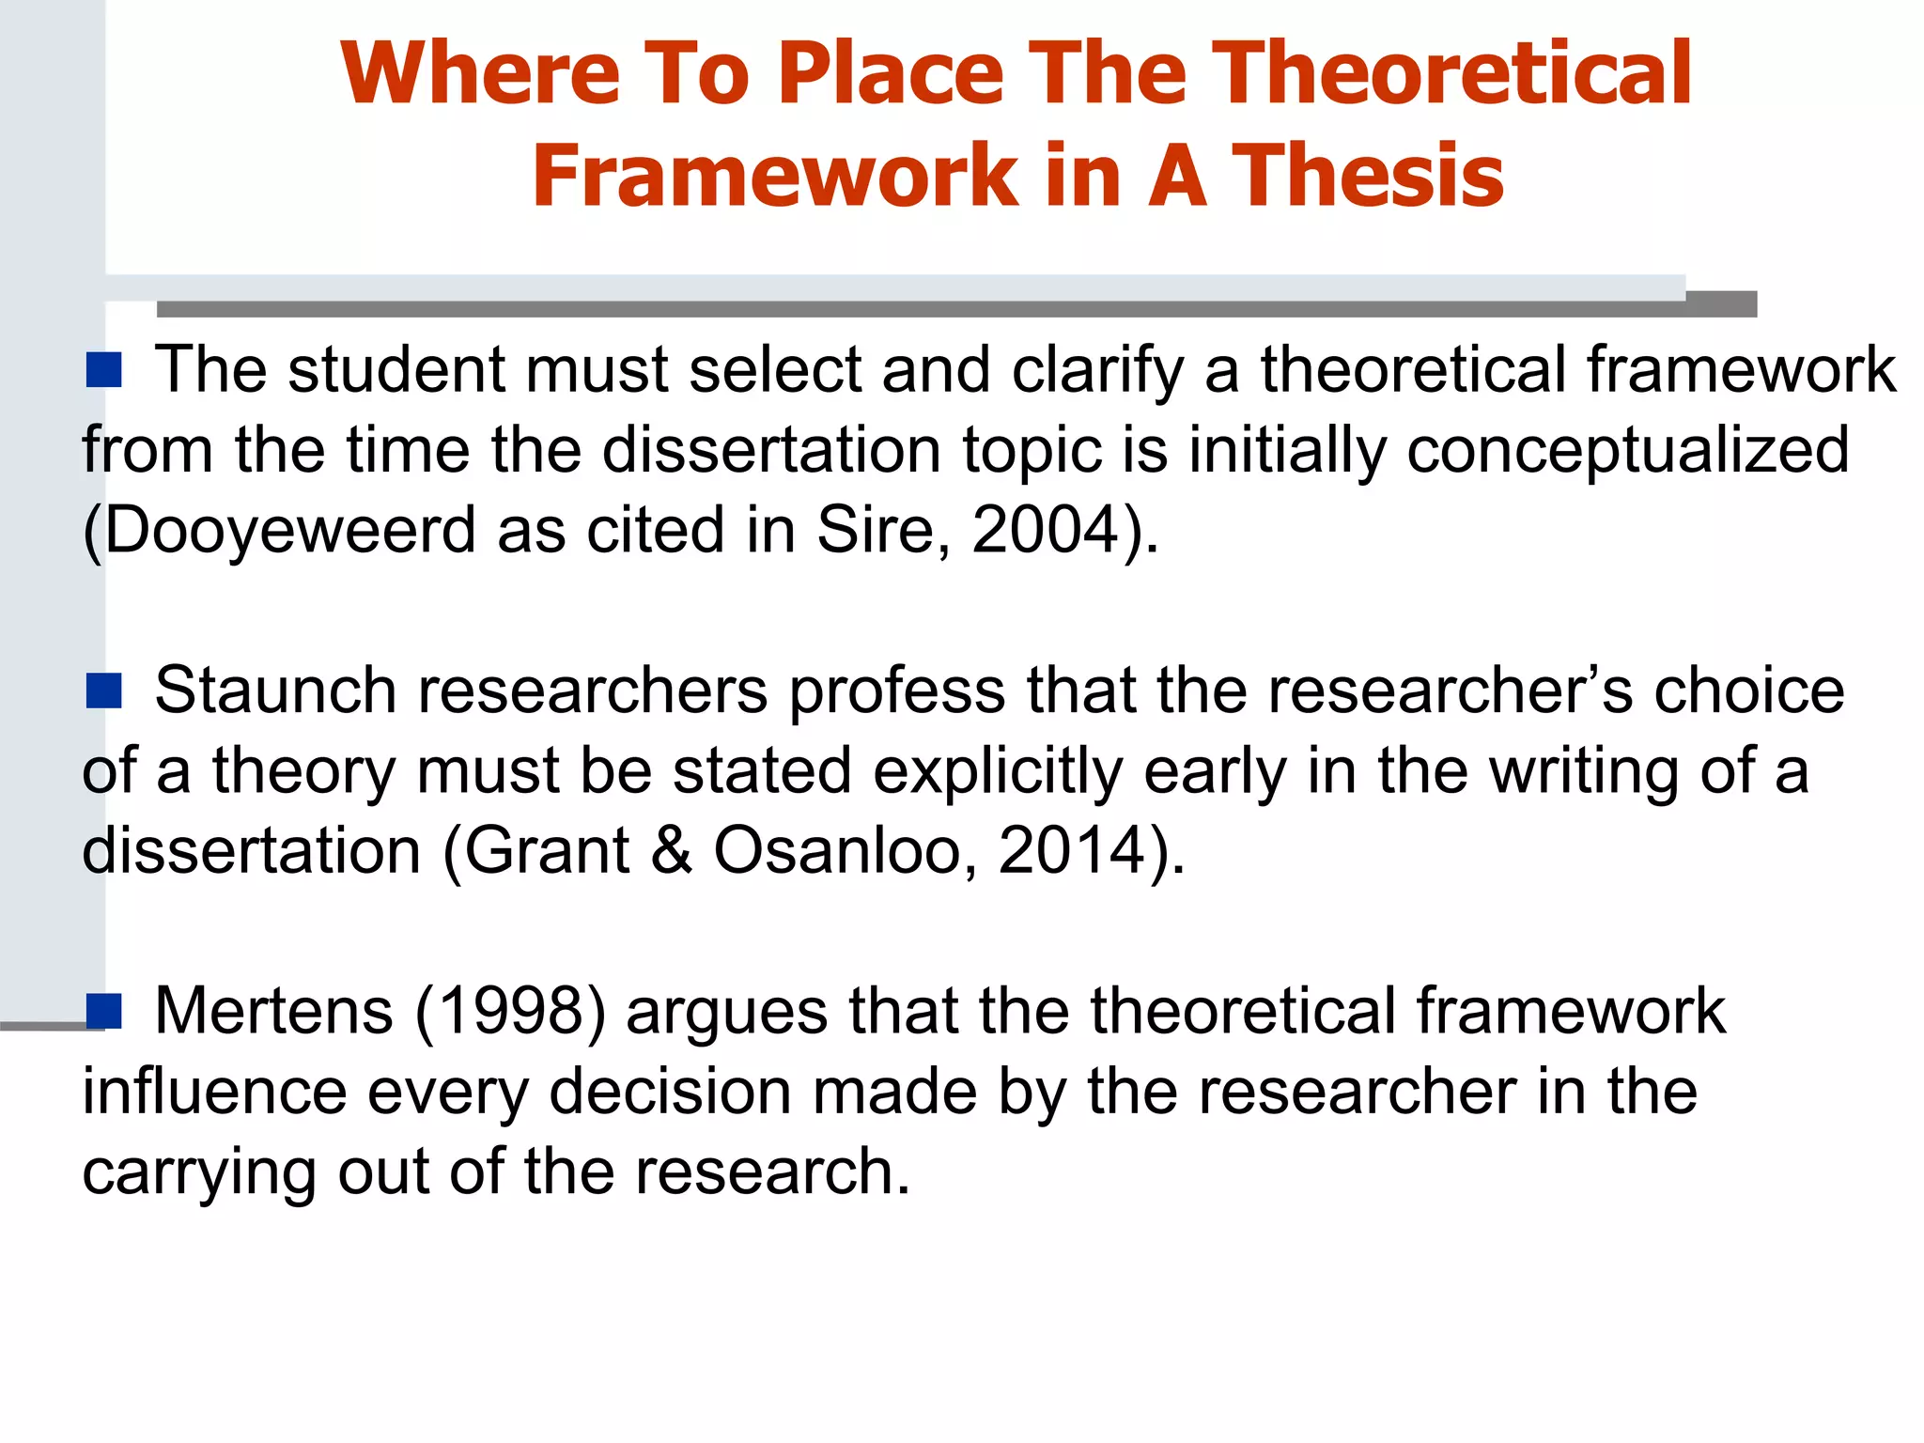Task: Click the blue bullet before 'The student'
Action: pos(103,370)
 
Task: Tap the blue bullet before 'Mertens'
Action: pos(103,1011)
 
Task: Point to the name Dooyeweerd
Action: pos(290,530)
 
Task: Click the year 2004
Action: pos(1044,530)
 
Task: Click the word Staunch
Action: pos(275,690)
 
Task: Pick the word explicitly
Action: pos(998,771)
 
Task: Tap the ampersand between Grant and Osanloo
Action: pos(671,851)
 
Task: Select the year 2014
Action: pos(1071,851)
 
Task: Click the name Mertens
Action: pos(273,1012)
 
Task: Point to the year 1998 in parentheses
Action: pos(512,1012)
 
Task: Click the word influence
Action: pos(214,1092)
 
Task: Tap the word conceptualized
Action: pos(1627,450)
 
